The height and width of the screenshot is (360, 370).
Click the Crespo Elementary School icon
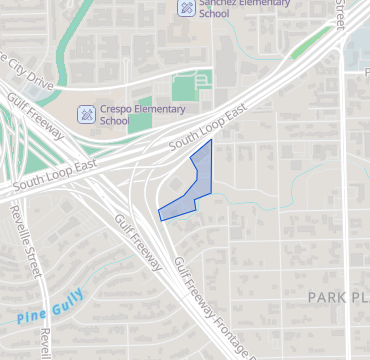coord(87,114)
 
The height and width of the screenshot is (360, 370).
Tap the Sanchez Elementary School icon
coord(186,8)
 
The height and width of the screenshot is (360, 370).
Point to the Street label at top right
coord(343,14)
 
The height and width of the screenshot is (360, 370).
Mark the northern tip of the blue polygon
coord(211,141)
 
